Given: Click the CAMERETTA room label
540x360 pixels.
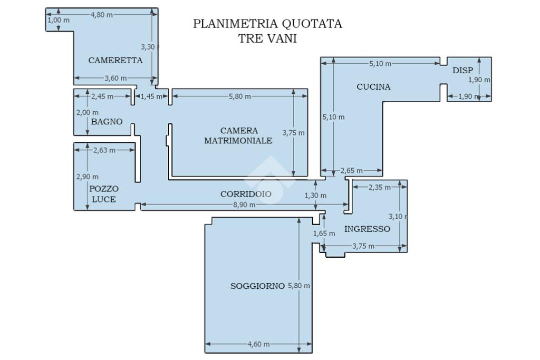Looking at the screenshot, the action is coord(115,60).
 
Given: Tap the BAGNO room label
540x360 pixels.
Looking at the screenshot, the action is coord(107,122).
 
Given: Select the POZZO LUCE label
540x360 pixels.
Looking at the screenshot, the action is coord(104,194).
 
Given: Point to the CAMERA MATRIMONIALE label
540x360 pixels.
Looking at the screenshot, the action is coord(238,135).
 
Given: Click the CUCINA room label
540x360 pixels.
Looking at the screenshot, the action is coord(373,87).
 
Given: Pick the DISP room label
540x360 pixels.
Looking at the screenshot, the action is coord(462,70).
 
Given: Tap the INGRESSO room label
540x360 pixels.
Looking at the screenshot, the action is coord(367,229).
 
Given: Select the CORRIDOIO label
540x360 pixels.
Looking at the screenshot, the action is coord(246,194).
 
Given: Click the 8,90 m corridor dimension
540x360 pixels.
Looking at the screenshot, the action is coord(244,205).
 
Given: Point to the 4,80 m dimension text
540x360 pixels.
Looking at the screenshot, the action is coord(101,15).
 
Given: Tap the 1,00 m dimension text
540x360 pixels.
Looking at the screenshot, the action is coord(58,20).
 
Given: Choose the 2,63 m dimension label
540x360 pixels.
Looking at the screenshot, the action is coord(104,150).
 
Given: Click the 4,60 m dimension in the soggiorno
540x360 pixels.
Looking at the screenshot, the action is coord(258,344).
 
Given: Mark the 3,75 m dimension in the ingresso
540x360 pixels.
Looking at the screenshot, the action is coord(363,246).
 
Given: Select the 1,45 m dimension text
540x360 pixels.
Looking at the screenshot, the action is coord(152,96).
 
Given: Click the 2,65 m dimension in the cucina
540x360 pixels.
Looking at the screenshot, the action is coord(351,170).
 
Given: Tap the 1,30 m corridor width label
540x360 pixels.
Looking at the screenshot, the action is coord(315,196).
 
